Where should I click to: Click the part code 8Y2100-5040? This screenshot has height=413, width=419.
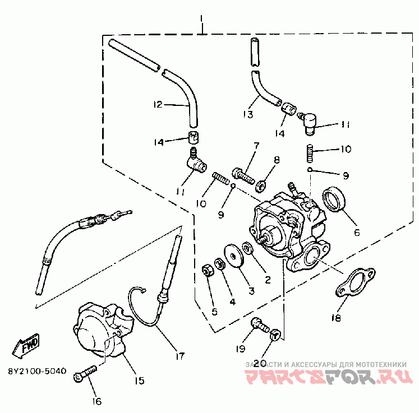37,371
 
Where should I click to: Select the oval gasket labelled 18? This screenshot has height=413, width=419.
352,284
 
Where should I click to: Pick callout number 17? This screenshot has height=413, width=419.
179,354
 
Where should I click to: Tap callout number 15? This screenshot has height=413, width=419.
139,381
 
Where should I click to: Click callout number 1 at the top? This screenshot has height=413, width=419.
201,25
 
